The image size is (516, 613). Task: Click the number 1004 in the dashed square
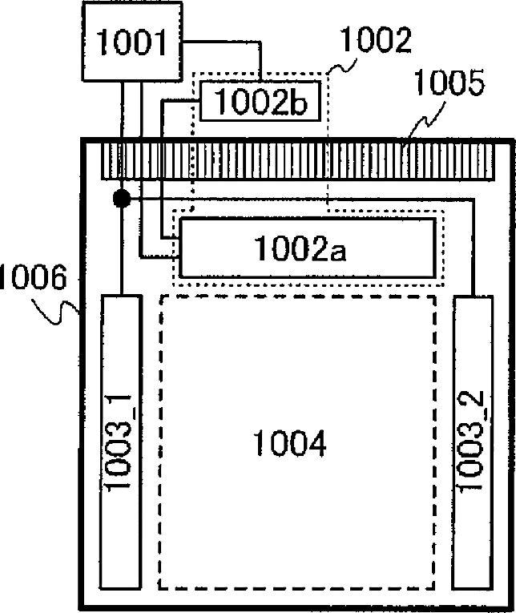[289, 442]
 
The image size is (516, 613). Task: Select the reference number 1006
[30, 278]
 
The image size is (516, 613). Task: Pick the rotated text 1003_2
[474, 439]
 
